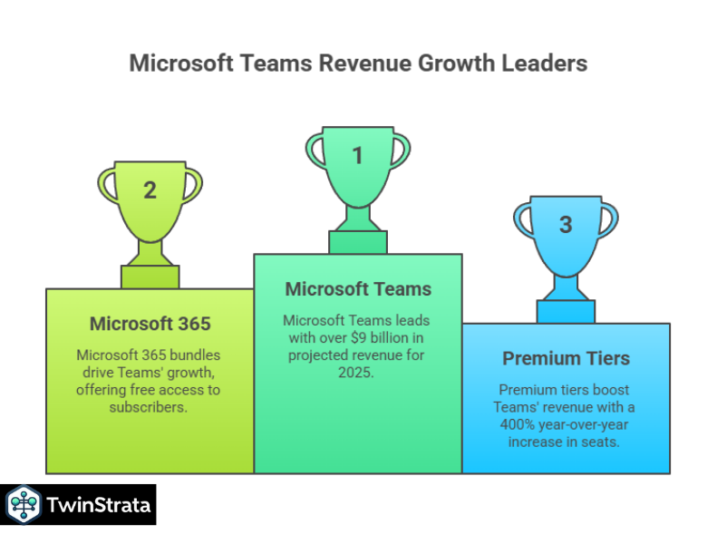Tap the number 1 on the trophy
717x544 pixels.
pyautogui.click(x=357, y=156)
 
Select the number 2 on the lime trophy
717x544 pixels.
pyautogui.click(x=150, y=190)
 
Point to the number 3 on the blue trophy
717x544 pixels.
pyautogui.click(x=566, y=225)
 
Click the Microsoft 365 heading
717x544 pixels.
pyautogui.click(x=150, y=324)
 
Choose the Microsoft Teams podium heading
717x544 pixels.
pyautogui.click(x=358, y=289)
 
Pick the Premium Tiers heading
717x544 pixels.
pyautogui.click(x=566, y=358)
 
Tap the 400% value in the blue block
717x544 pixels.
pyautogui.click(x=515, y=424)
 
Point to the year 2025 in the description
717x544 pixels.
pyautogui.click(x=358, y=373)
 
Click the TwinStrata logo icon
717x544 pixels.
pyautogui.click(x=22, y=505)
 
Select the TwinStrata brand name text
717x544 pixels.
pyautogui.click(x=97, y=505)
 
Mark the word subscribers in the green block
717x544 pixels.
pyautogui.click(x=150, y=407)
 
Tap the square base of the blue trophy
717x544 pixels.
pyautogui.click(x=566, y=311)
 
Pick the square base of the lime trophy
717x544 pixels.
pyautogui.click(x=150, y=277)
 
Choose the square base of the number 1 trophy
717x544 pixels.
pyautogui.click(x=357, y=242)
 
